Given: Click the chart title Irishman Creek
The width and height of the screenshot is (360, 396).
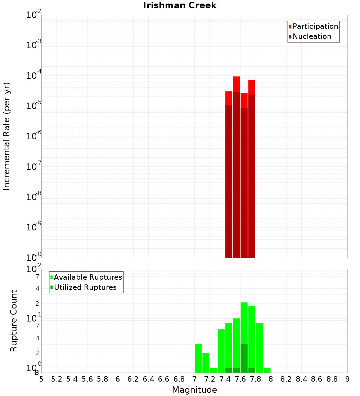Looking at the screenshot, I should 180,5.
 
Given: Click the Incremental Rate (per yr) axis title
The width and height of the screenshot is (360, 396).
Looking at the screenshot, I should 6,136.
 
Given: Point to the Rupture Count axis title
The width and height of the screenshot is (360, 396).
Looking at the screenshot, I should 14,321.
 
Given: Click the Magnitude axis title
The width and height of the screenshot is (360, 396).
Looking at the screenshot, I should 194,390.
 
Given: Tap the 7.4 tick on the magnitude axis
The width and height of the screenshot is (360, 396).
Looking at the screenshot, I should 225,379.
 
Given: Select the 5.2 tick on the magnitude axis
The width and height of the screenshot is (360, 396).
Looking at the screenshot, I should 57,379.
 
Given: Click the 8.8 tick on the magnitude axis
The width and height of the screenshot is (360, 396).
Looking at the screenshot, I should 332,379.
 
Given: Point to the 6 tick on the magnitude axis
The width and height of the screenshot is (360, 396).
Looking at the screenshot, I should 118,379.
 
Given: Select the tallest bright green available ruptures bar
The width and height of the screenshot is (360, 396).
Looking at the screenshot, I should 244,324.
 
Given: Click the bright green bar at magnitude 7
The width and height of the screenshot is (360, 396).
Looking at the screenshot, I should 198,358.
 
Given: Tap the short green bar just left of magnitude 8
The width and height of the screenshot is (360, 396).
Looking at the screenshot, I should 267,370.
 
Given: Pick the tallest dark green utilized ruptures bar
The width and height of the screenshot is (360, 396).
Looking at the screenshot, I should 244,358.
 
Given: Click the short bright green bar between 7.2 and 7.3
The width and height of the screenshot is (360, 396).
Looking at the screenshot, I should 213,370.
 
